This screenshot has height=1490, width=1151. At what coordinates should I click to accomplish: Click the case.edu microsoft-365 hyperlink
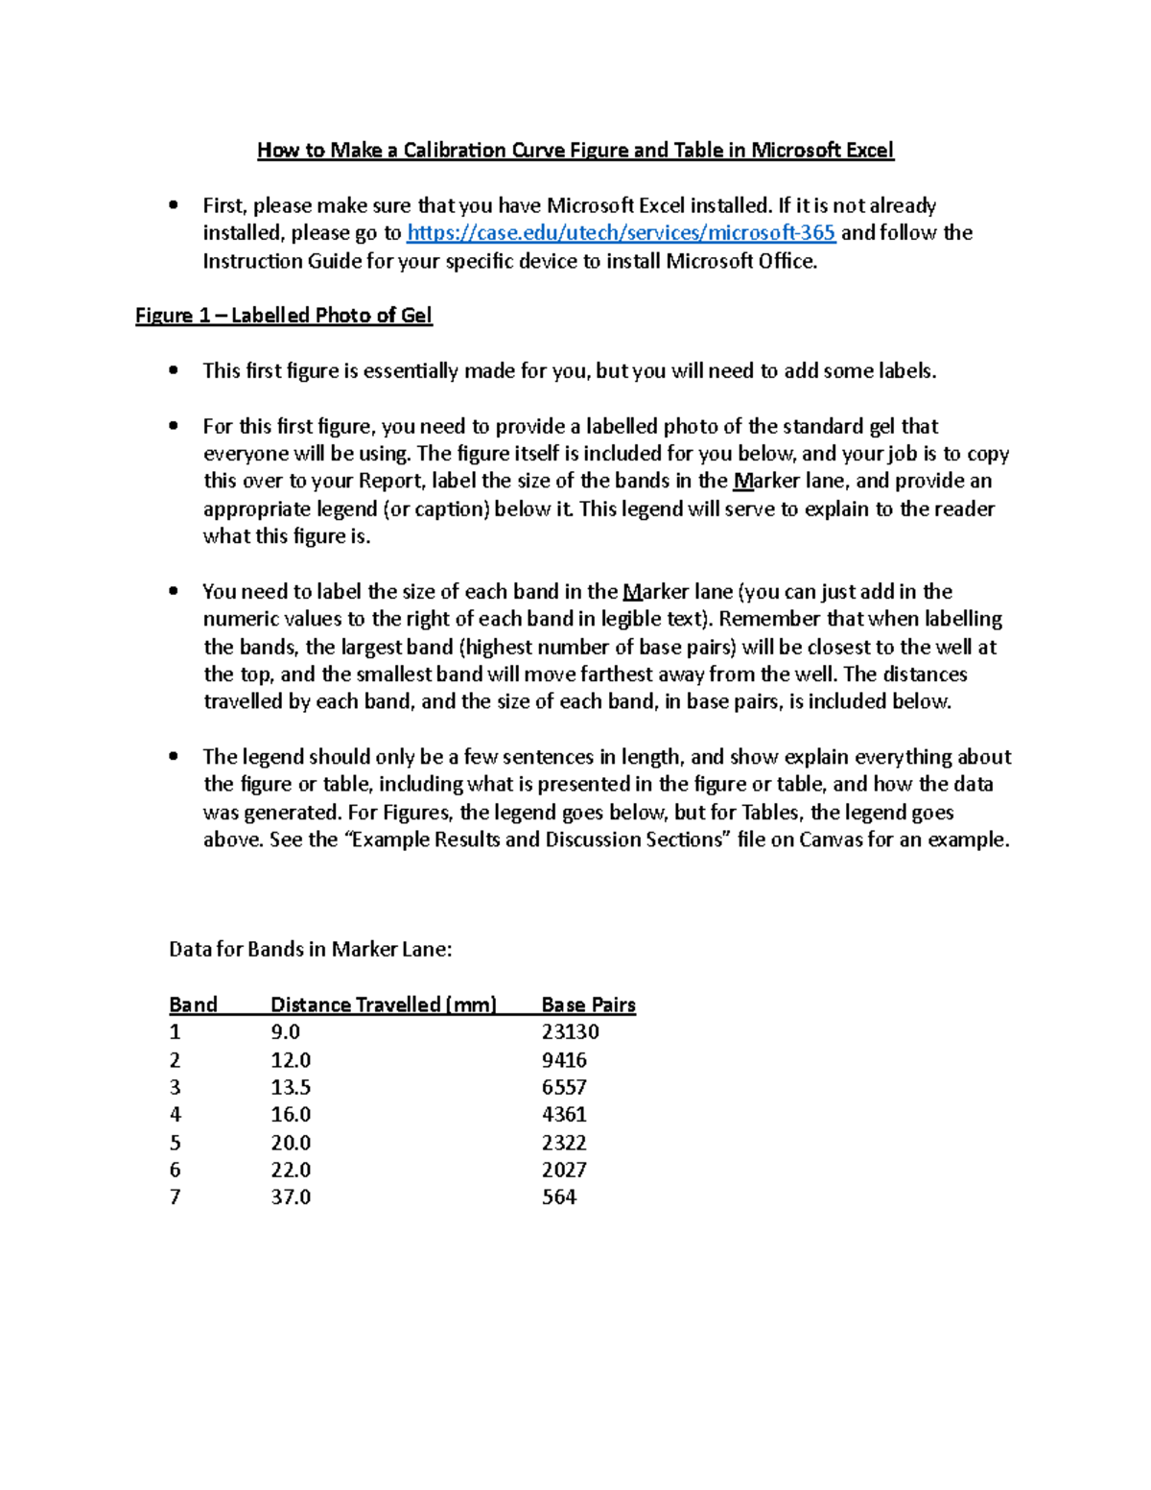621,233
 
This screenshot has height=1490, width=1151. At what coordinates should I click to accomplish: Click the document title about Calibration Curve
575,151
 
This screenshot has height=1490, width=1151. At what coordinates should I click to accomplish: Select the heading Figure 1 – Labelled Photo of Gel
284,316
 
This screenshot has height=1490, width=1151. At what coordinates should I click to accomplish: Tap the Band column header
193,1005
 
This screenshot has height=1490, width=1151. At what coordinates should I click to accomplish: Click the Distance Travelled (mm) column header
384,1005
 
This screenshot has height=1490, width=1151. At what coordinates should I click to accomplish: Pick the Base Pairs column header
588,1005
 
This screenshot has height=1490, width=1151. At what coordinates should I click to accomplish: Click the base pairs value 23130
570,1032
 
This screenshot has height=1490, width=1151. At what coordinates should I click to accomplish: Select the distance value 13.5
291,1087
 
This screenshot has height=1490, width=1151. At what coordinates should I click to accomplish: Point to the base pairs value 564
559,1197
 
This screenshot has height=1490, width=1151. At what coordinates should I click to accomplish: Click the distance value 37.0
291,1197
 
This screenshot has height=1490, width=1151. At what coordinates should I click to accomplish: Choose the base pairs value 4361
564,1115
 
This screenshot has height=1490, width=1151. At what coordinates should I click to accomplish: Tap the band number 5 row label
175,1143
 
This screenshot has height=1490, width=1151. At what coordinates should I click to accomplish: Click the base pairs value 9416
564,1060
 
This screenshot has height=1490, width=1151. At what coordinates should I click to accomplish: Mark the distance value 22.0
291,1170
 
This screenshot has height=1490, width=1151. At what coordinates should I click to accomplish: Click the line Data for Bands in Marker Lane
310,950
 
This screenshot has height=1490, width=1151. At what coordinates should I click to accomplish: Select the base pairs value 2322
564,1143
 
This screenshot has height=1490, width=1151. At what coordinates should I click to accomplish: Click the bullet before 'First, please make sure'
174,204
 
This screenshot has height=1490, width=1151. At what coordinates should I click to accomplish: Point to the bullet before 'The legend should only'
174,756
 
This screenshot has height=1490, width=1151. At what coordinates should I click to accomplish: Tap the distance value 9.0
286,1032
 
